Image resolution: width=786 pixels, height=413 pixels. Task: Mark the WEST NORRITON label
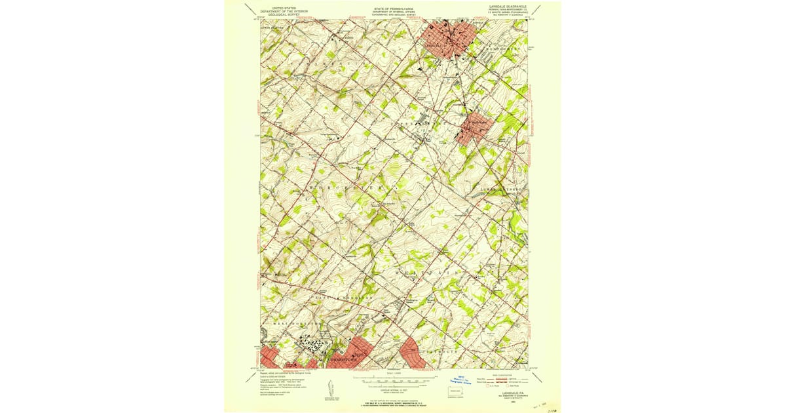[x=291, y=323]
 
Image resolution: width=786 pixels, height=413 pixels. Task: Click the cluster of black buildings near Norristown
[x=310, y=345]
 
